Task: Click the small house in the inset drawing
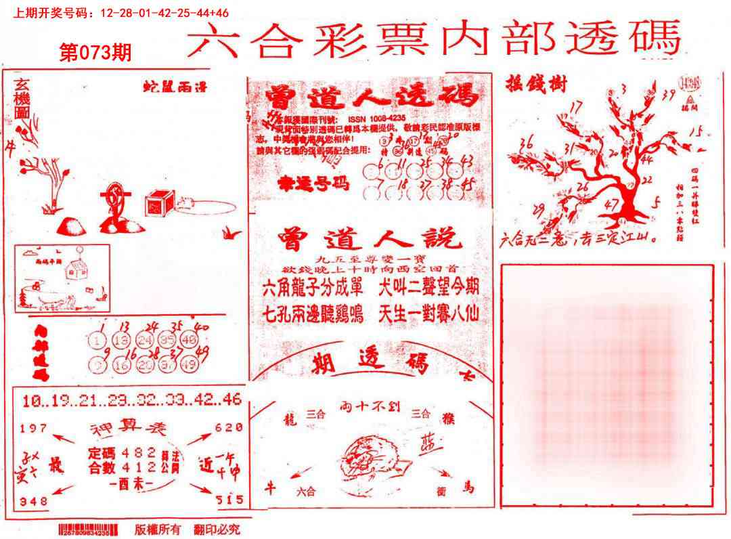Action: [74, 268]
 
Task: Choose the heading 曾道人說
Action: [369, 240]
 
